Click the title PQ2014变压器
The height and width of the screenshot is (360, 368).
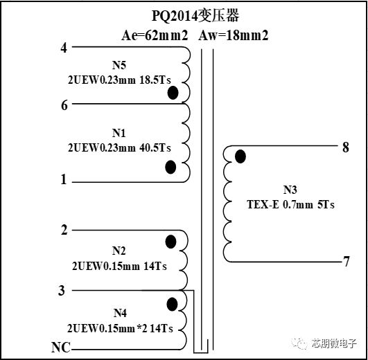point(195,16)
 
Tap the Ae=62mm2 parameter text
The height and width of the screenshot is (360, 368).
point(155,35)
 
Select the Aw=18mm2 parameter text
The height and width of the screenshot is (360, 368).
point(234,35)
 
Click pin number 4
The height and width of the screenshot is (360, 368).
point(64,48)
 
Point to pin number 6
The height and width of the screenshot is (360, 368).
point(64,105)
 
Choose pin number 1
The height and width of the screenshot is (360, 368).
point(64,179)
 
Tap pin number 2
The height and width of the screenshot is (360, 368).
point(64,230)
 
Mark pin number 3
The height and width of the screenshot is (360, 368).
point(61,290)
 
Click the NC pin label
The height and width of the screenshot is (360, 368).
point(61,347)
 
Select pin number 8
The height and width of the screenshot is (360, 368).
point(345,147)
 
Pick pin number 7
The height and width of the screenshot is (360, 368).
point(347,261)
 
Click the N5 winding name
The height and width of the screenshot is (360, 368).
point(119,65)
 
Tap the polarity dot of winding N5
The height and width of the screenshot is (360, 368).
point(173,93)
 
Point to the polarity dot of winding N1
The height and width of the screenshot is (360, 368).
point(170,167)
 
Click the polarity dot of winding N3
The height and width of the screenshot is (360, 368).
point(240,156)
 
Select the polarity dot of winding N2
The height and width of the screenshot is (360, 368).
point(170,242)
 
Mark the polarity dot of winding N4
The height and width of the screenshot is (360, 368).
point(172,304)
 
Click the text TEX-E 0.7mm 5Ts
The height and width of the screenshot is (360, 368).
point(290,205)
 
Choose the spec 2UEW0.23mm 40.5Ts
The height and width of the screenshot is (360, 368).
point(119,148)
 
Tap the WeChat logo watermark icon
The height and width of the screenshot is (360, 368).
point(299,343)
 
